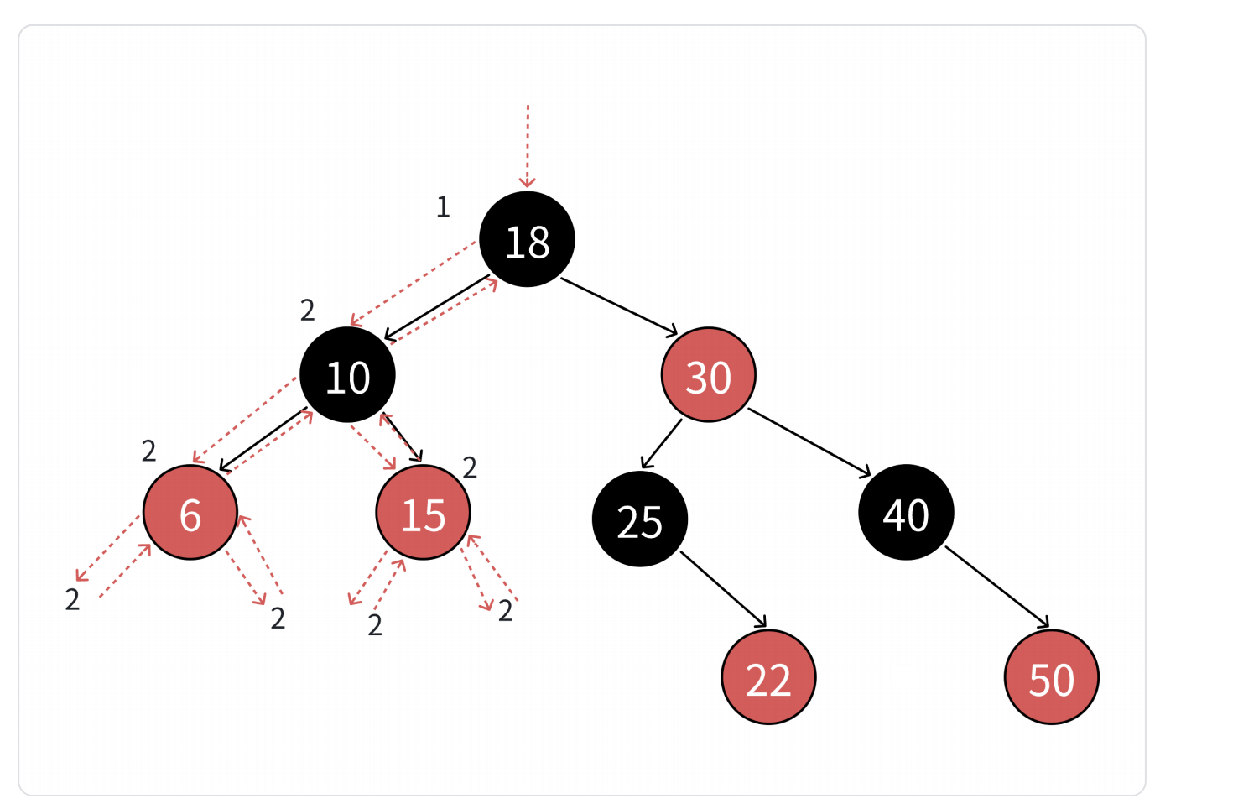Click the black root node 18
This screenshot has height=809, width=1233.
coord(527,239)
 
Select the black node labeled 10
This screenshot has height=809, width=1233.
coord(347,375)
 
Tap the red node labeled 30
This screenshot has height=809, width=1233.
coord(709,375)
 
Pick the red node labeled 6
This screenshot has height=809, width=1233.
coord(190,512)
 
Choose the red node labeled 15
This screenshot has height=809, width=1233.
coord(423,512)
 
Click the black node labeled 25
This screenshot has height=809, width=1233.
coord(640,519)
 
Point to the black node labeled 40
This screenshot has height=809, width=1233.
coord(906,512)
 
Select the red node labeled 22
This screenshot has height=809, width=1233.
coord(768,676)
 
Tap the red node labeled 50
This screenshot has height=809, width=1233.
coord(1051,676)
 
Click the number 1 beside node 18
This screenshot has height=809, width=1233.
coord(443,206)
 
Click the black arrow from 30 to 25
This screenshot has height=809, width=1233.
coord(662,443)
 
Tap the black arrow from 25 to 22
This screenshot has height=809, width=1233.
coord(723,589)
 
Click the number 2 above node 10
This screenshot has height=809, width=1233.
coord(308,311)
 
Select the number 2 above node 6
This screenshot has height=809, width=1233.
coord(149,451)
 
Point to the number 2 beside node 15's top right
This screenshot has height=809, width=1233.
coord(470,467)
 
